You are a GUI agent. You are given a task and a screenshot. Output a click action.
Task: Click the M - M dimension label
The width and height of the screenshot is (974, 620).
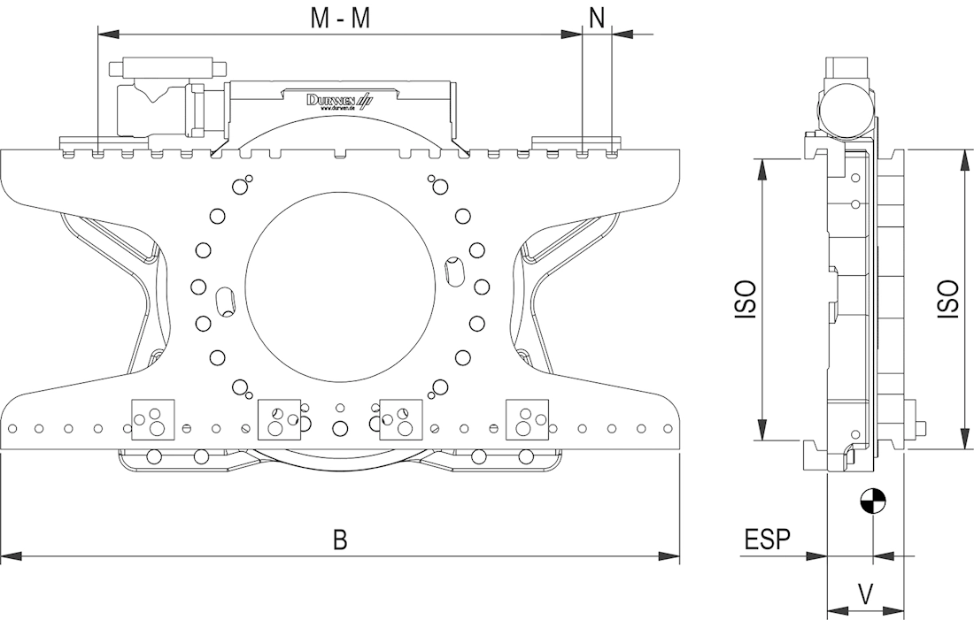(341, 19)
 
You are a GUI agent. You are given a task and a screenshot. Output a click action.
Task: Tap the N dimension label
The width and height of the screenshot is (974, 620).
(598, 19)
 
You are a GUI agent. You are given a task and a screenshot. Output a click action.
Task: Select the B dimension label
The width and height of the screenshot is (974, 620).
(340, 540)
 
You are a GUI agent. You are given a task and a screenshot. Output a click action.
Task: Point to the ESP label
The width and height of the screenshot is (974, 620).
(767, 540)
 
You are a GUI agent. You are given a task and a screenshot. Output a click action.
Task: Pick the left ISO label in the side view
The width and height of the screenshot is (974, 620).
(746, 300)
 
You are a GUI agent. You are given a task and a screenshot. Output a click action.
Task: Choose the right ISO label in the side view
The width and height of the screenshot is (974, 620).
(947, 300)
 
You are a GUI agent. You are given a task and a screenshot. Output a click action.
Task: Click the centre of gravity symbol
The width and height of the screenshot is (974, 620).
(872, 501)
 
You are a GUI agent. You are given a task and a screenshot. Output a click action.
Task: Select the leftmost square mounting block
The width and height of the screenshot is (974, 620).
(152, 419)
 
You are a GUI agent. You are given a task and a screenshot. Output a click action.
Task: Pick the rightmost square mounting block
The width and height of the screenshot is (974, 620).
(528, 419)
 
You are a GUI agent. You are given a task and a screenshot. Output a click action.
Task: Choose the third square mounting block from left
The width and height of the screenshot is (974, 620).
(400, 419)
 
